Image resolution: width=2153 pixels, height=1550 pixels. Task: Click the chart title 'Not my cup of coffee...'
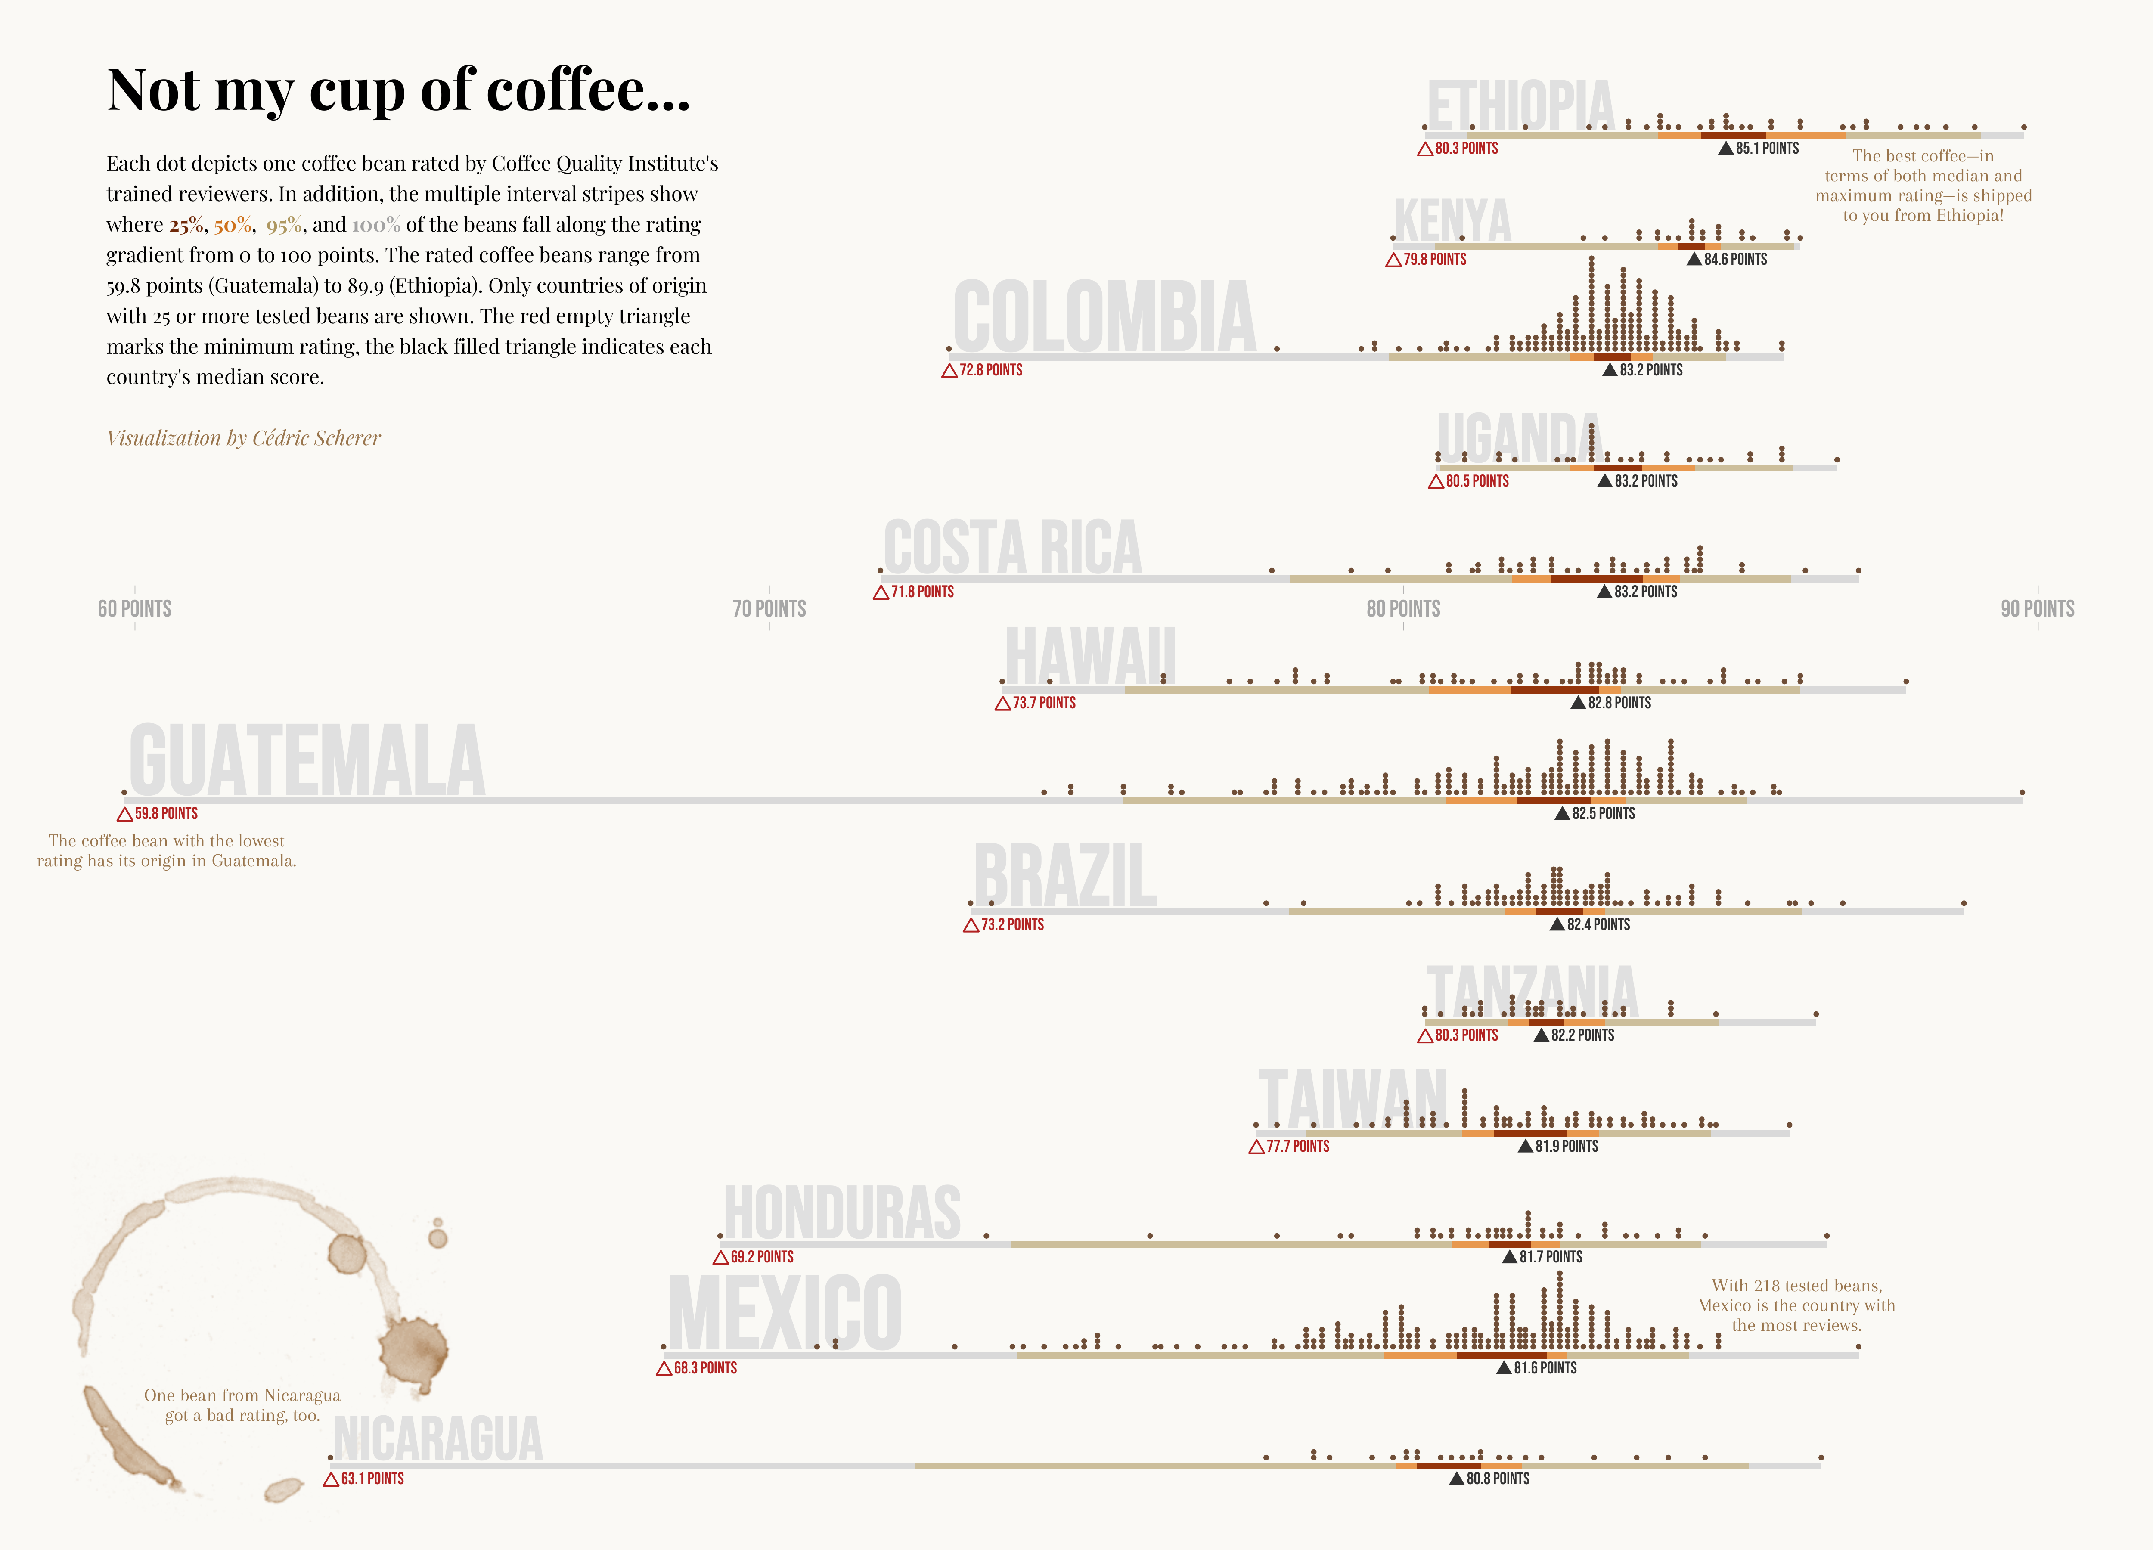pyautogui.click(x=399, y=91)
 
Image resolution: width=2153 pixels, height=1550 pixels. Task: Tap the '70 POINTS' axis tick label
pyautogui.click(x=769, y=608)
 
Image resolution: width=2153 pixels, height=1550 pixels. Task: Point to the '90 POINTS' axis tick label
pyautogui.click(x=2037, y=608)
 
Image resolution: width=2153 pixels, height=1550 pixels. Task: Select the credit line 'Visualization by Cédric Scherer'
pyautogui.click(x=243, y=437)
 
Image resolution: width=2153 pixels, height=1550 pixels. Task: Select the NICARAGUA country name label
pyautogui.click(x=437, y=1439)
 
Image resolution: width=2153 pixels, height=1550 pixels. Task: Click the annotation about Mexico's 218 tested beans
pyautogui.click(x=1796, y=1305)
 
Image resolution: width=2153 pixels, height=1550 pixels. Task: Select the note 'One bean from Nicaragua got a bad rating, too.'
pyautogui.click(x=242, y=1405)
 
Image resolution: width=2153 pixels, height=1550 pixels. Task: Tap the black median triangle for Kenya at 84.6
pyautogui.click(x=1694, y=259)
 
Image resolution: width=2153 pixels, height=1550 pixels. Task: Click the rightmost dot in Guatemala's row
pyautogui.click(x=2022, y=792)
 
